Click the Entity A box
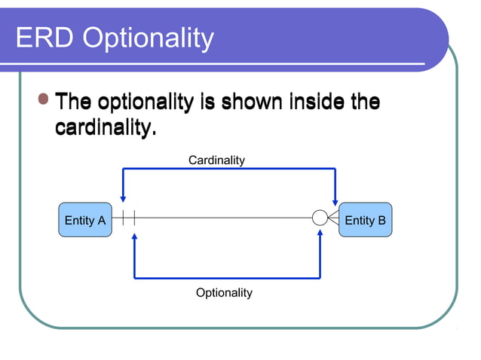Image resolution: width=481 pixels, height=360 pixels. [x=84, y=220]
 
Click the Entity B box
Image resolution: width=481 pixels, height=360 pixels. [x=365, y=220]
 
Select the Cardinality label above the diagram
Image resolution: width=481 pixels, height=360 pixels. [x=216, y=160]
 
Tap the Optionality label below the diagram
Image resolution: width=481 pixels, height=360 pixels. [x=224, y=292]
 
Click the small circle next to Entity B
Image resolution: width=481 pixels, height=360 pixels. [x=320, y=218]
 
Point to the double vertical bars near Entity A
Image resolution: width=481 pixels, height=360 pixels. [x=128, y=218]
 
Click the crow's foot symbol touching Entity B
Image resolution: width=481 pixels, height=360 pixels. [x=333, y=218]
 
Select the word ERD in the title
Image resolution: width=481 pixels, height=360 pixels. [x=45, y=38]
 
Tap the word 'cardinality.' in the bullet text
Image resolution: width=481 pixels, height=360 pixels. [x=106, y=128]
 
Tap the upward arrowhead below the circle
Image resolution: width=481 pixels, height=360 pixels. [x=320, y=236]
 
